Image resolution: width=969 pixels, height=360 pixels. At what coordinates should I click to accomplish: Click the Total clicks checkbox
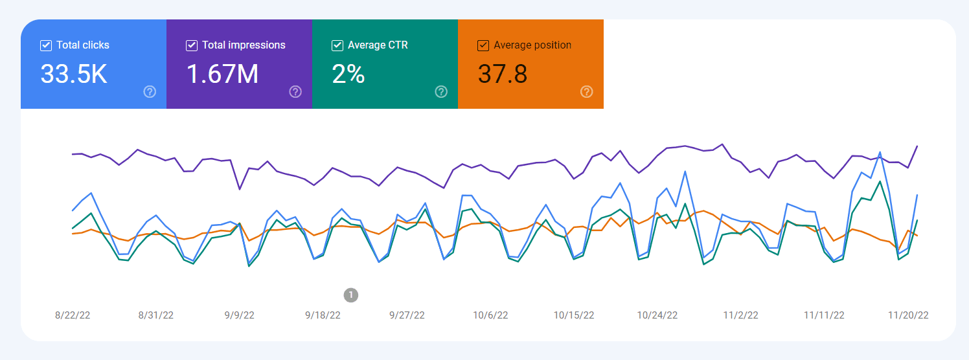point(46,45)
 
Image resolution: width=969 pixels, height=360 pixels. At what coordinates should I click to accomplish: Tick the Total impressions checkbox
point(192,45)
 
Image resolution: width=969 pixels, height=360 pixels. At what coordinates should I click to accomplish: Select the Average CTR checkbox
point(337,45)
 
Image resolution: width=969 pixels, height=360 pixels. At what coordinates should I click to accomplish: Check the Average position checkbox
point(483,45)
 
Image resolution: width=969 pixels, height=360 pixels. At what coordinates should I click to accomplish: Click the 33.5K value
point(74,74)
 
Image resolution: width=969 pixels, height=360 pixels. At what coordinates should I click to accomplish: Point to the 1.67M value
point(222,74)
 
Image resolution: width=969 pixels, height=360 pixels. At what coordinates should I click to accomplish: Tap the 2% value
point(348,74)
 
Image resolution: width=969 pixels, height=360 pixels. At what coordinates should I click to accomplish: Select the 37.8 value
point(503,74)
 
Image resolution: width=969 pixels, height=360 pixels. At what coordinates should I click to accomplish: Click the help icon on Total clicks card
point(150,91)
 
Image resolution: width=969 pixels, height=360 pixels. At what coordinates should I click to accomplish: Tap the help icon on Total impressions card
point(295,91)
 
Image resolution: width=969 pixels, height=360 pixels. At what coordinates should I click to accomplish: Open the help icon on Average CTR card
point(441,91)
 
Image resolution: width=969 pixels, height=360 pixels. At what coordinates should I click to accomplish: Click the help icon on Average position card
point(587,91)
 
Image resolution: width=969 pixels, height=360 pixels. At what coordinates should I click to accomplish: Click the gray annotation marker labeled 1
point(350,295)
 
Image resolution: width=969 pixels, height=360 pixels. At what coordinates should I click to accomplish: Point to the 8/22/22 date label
point(73,315)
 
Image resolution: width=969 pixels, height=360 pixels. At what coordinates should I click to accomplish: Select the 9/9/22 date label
point(240,315)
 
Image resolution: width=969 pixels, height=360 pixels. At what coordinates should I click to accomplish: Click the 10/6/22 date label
point(490,315)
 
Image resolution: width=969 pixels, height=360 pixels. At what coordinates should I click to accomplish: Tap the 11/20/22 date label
point(908,315)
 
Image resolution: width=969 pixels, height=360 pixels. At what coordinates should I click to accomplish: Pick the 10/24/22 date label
point(657,315)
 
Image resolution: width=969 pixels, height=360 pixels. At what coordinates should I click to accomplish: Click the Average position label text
point(532,45)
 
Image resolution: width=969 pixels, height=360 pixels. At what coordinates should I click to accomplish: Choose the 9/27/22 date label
point(407,315)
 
